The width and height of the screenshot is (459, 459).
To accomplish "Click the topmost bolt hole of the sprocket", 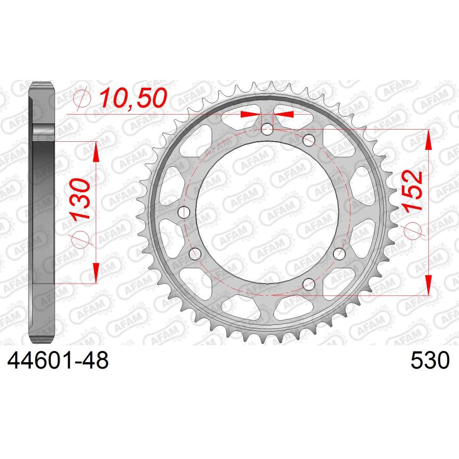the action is point(267,129).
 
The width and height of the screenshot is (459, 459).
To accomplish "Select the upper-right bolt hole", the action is point(309,140).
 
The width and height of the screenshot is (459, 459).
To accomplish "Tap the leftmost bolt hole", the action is point(184,212).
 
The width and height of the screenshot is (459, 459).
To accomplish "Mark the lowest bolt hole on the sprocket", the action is point(309,284).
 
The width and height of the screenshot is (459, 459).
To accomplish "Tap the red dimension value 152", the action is point(413,191).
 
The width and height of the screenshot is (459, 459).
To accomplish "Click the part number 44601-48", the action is point(58,360).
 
